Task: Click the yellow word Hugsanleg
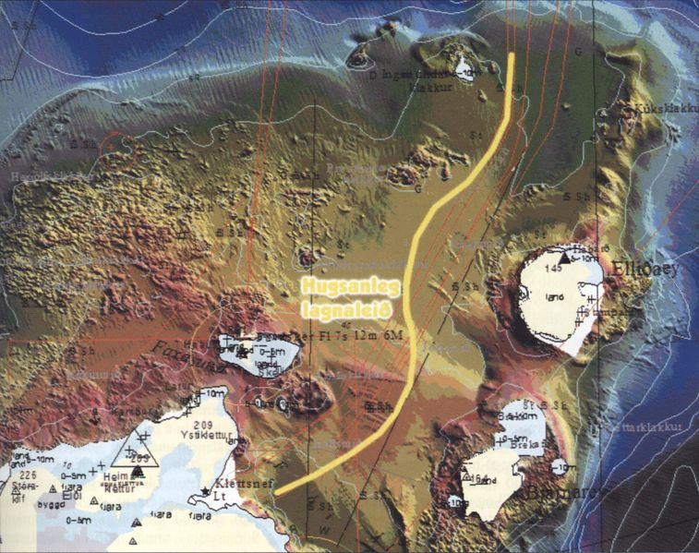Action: pyautogui.click(x=343, y=288)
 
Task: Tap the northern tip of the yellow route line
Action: pyautogui.click(x=512, y=55)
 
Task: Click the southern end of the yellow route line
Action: pyautogui.click(x=277, y=493)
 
